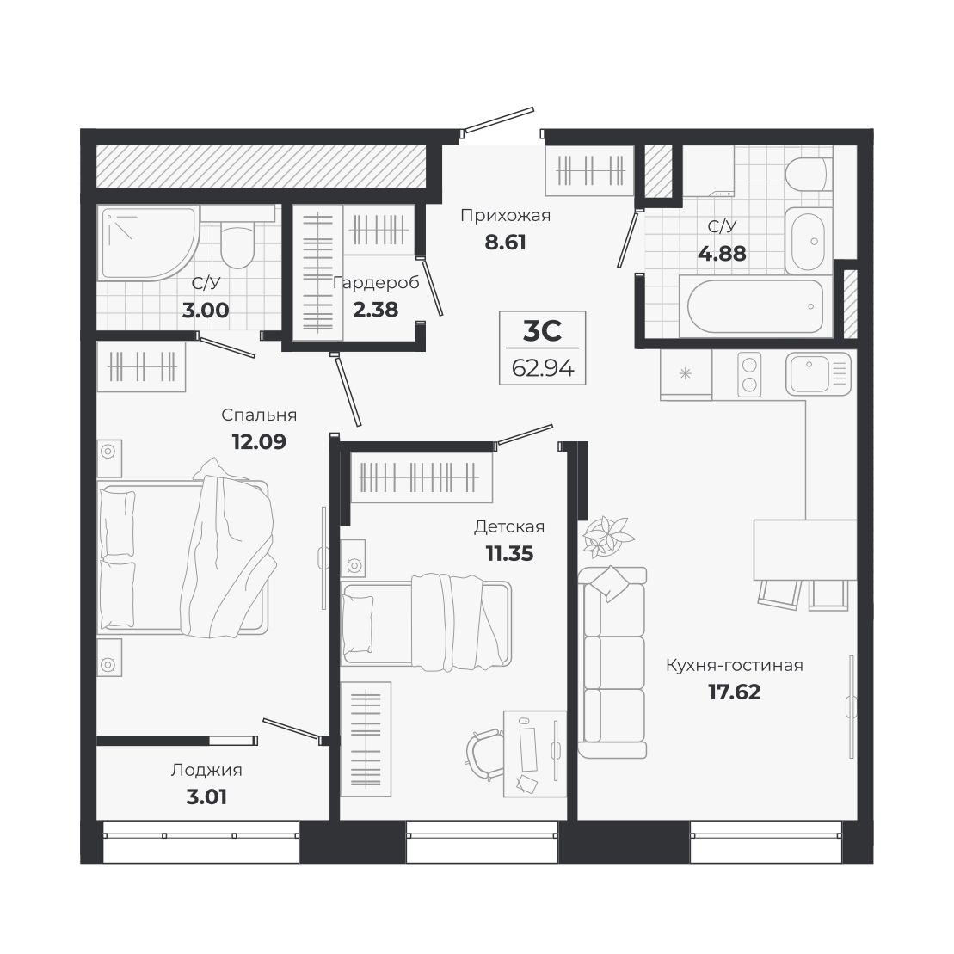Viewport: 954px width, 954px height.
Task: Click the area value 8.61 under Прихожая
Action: (x=505, y=242)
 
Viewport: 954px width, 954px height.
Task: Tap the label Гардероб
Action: (x=376, y=282)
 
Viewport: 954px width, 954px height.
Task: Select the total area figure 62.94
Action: (x=543, y=368)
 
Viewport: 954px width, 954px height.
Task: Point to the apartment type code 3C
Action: (x=542, y=331)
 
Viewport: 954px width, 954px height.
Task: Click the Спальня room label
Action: (x=259, y=415)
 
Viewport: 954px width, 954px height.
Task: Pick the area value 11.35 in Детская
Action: (x=509, y=554)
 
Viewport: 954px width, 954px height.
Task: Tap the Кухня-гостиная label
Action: (x=735, y=665)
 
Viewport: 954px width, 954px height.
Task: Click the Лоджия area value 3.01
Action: (x=206, y=797)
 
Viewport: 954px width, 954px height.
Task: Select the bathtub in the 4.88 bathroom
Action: (x=755, y=306)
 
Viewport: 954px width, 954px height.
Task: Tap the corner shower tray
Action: (x=148, y=243)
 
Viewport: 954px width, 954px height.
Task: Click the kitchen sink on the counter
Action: (x=818, y=373)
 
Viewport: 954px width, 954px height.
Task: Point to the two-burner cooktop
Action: (x=749, y=375)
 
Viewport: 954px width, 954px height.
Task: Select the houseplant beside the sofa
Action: (x=608, y=536)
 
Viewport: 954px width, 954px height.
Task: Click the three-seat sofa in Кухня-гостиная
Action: (x=612, y=662)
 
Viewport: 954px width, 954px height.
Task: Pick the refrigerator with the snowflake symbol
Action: (x=686, y=374)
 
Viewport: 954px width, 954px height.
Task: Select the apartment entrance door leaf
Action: (x=499, y=120)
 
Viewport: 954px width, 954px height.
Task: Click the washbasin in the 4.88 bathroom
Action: (x=809, y=242)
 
